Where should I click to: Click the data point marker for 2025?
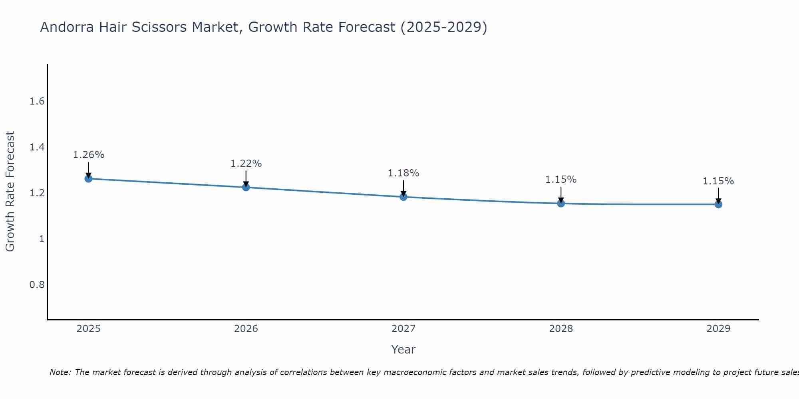tap(88, 178)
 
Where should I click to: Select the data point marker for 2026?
tap(246, 187)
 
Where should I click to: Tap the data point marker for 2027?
tap(403, 197)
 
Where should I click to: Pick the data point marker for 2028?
tap(561, 203)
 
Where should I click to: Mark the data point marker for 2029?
tap(718, 204)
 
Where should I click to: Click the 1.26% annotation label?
tap(89, 155)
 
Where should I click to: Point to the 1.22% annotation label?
tap(246, 164)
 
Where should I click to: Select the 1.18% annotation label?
tap(403, 173)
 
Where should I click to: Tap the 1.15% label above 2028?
tap(561, 180)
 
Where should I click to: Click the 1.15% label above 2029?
tap(718, 181)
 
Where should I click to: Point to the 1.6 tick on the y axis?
tap(37, 101)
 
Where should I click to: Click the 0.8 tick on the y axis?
tap(37, 285)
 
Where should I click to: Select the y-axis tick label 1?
tap(41, 239)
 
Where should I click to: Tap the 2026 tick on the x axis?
tap(246, 329)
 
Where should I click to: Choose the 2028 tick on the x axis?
tap(561, 329)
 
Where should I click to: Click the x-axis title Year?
tap(403, 350)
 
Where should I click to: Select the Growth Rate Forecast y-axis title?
tap(10, 192)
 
